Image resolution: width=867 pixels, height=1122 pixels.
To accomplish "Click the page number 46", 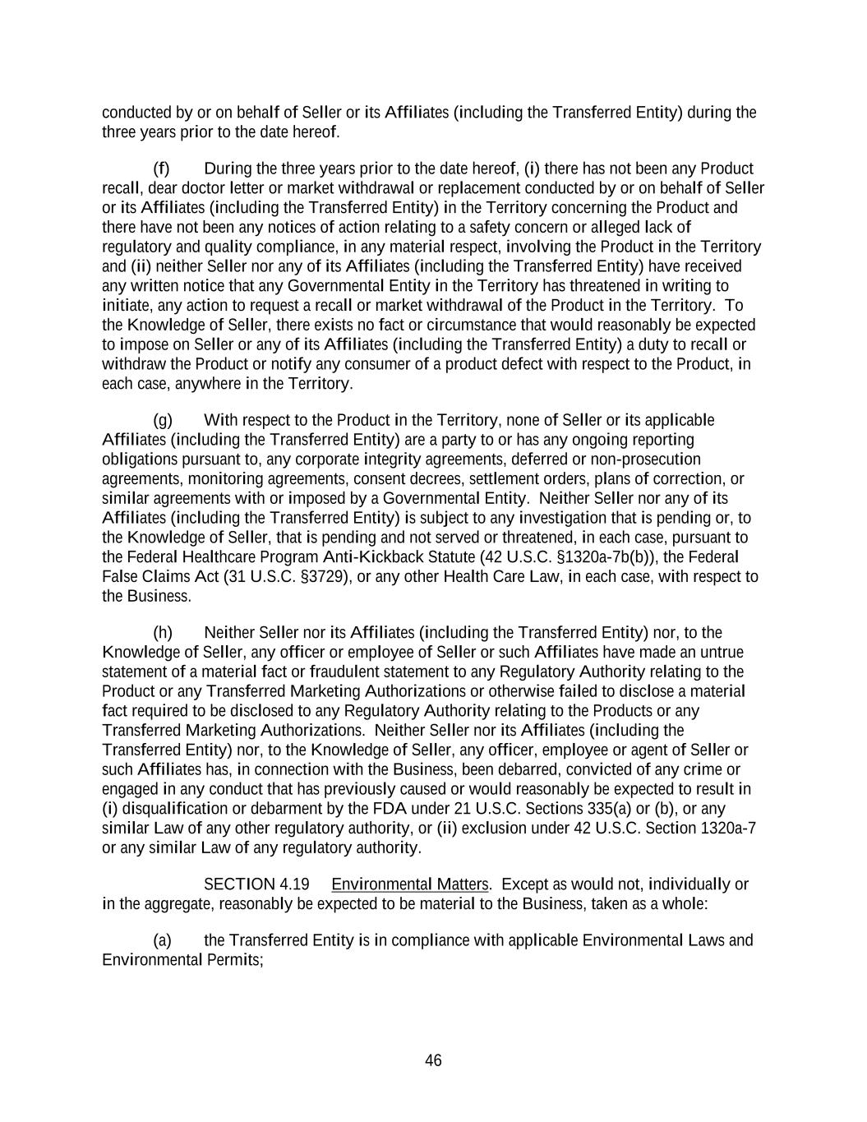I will pyautogui.click(x=433, y=1060).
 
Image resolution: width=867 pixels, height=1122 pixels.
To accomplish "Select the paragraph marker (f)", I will pyautogui.click(x=161, y=169).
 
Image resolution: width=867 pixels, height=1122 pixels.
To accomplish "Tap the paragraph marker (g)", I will pyautogui.click(x=163, y=420).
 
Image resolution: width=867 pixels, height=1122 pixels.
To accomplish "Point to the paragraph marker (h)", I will pyautogui.click(x=163, y=632).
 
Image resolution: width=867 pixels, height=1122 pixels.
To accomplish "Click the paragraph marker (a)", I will pyautogui.click(x=163, y=940).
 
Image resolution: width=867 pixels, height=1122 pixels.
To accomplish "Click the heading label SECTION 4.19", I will pyautogui.click(x=256, y=884).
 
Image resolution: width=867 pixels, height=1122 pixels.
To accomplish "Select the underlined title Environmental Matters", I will pyautogui.click(x=410, y=884).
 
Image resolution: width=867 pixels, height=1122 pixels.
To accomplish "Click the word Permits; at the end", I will pyautogui.click(x=233, y=959).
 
